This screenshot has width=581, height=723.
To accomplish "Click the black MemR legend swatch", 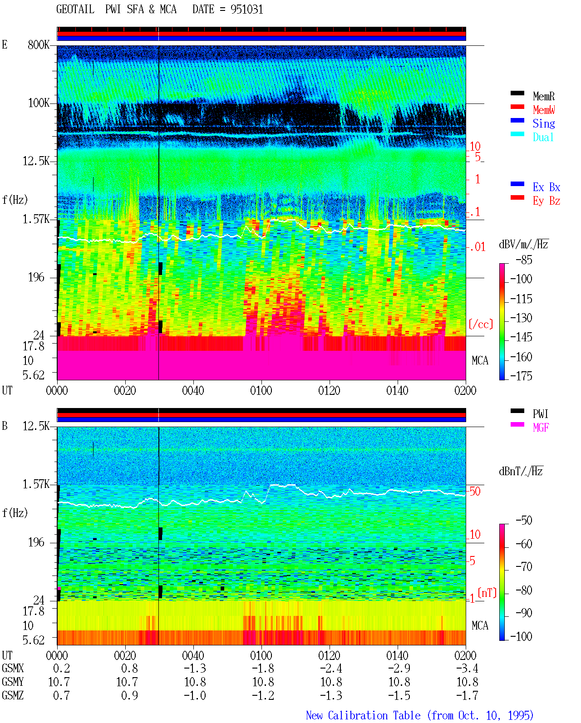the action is click(517, 93).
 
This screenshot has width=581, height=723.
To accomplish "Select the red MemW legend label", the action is click(544, 110).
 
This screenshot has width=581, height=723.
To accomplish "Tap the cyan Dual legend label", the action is click(543, 137).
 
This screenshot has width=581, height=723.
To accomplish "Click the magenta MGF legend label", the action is click(541, 428).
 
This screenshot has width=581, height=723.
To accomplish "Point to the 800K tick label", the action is click(39, 44).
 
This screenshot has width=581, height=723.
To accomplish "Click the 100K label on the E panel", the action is click(39, 103).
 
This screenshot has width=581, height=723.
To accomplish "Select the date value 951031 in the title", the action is click(246, 10).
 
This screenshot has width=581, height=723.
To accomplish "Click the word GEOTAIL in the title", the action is click(75, 10).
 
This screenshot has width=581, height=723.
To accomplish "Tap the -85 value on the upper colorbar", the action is click(524, 260).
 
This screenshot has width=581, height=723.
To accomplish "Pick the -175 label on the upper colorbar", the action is click(521, 376).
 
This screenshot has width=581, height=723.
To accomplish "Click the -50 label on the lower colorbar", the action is click(524, 520).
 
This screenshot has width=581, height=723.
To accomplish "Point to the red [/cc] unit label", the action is click(481, 324).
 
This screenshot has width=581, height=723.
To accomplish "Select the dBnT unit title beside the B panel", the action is click(521, 471).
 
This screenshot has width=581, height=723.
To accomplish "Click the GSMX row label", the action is click(13, 668).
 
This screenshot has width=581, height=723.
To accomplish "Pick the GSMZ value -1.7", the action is click(467, 695).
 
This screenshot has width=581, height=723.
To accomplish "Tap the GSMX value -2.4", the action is click(331, 668).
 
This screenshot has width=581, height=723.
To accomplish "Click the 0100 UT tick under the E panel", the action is click(261, 390).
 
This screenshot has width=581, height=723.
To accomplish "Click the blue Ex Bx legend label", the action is click(547, 187).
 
